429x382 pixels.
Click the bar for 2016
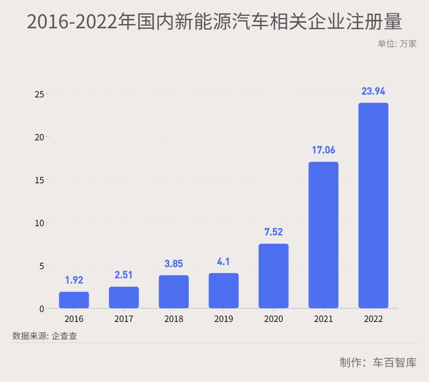tap(74, 300)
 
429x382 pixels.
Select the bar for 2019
tap(224, 291)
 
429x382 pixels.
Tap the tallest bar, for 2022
tap(373, 205)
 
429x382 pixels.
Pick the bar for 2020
tap(273, 276)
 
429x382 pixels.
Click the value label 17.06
tap(323, 150)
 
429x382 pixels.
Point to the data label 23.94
tap(373, 91)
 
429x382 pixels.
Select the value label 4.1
tap(224, 261)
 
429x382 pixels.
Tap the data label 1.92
tap(74, 280)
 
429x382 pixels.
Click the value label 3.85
tap(174, 264)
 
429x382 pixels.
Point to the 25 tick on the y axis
tap(39, 94)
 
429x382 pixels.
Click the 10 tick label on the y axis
tap(39, 223)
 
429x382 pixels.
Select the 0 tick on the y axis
tap(42, 309)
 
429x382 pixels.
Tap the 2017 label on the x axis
tap(124, 319)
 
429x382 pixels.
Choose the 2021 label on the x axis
tap(323, 319)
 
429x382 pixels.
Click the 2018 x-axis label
tap(174, 319)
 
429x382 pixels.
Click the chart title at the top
tap(214, 21)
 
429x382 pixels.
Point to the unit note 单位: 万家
tap(397, 43)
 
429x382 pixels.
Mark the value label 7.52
tap(273, 232)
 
